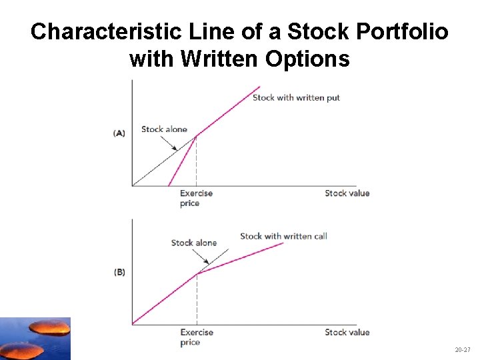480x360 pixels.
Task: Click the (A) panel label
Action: pos(119,133)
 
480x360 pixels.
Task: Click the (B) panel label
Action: pos(119,272)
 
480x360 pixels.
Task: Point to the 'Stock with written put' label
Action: pos(296,98)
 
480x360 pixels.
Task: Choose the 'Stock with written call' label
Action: pos(283,236)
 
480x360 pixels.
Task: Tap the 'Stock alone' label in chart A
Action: pos(164,129)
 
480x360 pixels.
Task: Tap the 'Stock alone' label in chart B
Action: pos(194,243)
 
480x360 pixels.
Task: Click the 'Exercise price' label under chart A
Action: pos(196,198)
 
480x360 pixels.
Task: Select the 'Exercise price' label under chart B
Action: pos(197,337)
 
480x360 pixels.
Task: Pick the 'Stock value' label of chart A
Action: pos(347,193)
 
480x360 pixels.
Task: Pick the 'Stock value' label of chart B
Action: pos(347,332)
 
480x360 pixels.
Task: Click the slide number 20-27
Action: pos(462,349)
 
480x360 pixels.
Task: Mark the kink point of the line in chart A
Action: pos(196,136)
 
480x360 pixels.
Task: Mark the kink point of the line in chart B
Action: pos(197,273)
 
